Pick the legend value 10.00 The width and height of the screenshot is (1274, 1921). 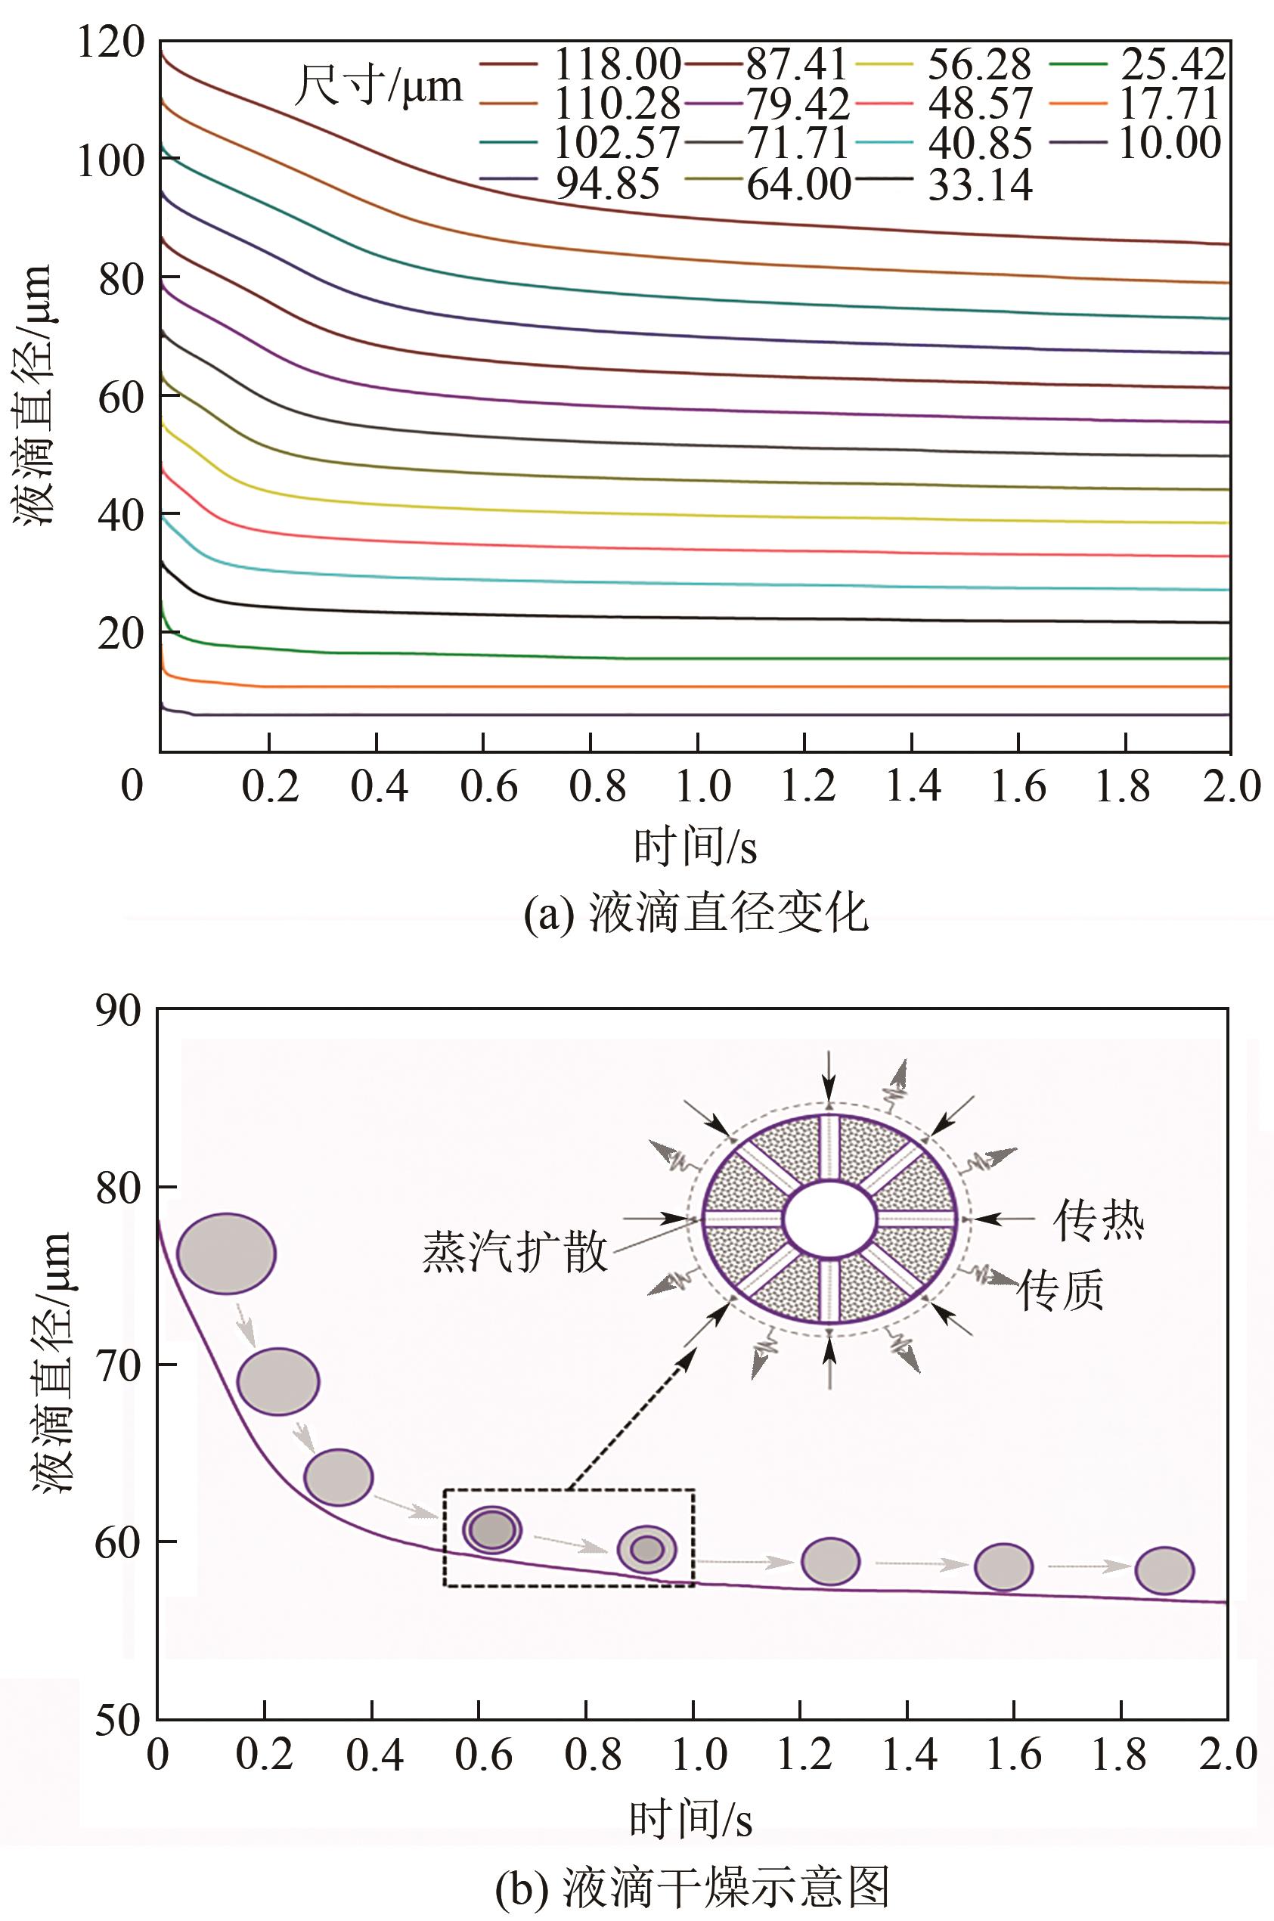pos(1170,143)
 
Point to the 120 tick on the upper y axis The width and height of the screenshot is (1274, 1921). pos(110,42)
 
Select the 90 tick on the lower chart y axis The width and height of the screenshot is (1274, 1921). pos(118,1011)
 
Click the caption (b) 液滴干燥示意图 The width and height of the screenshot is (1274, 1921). pos(693,1887)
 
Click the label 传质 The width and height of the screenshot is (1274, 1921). pos(1061,1289)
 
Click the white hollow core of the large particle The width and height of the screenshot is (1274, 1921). pos(829,1219)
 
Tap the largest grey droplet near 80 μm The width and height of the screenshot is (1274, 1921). pos(227,1253)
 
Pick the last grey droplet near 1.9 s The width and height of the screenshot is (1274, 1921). pos(1164,1570)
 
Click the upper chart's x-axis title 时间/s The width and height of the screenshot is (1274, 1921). pos(695,847)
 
